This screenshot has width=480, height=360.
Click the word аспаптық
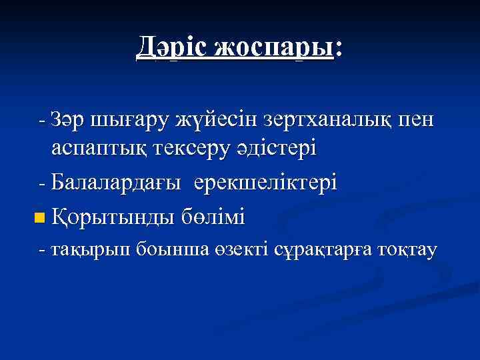click(x=97, y=149)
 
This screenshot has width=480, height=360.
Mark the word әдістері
click(x=274, y=149)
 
